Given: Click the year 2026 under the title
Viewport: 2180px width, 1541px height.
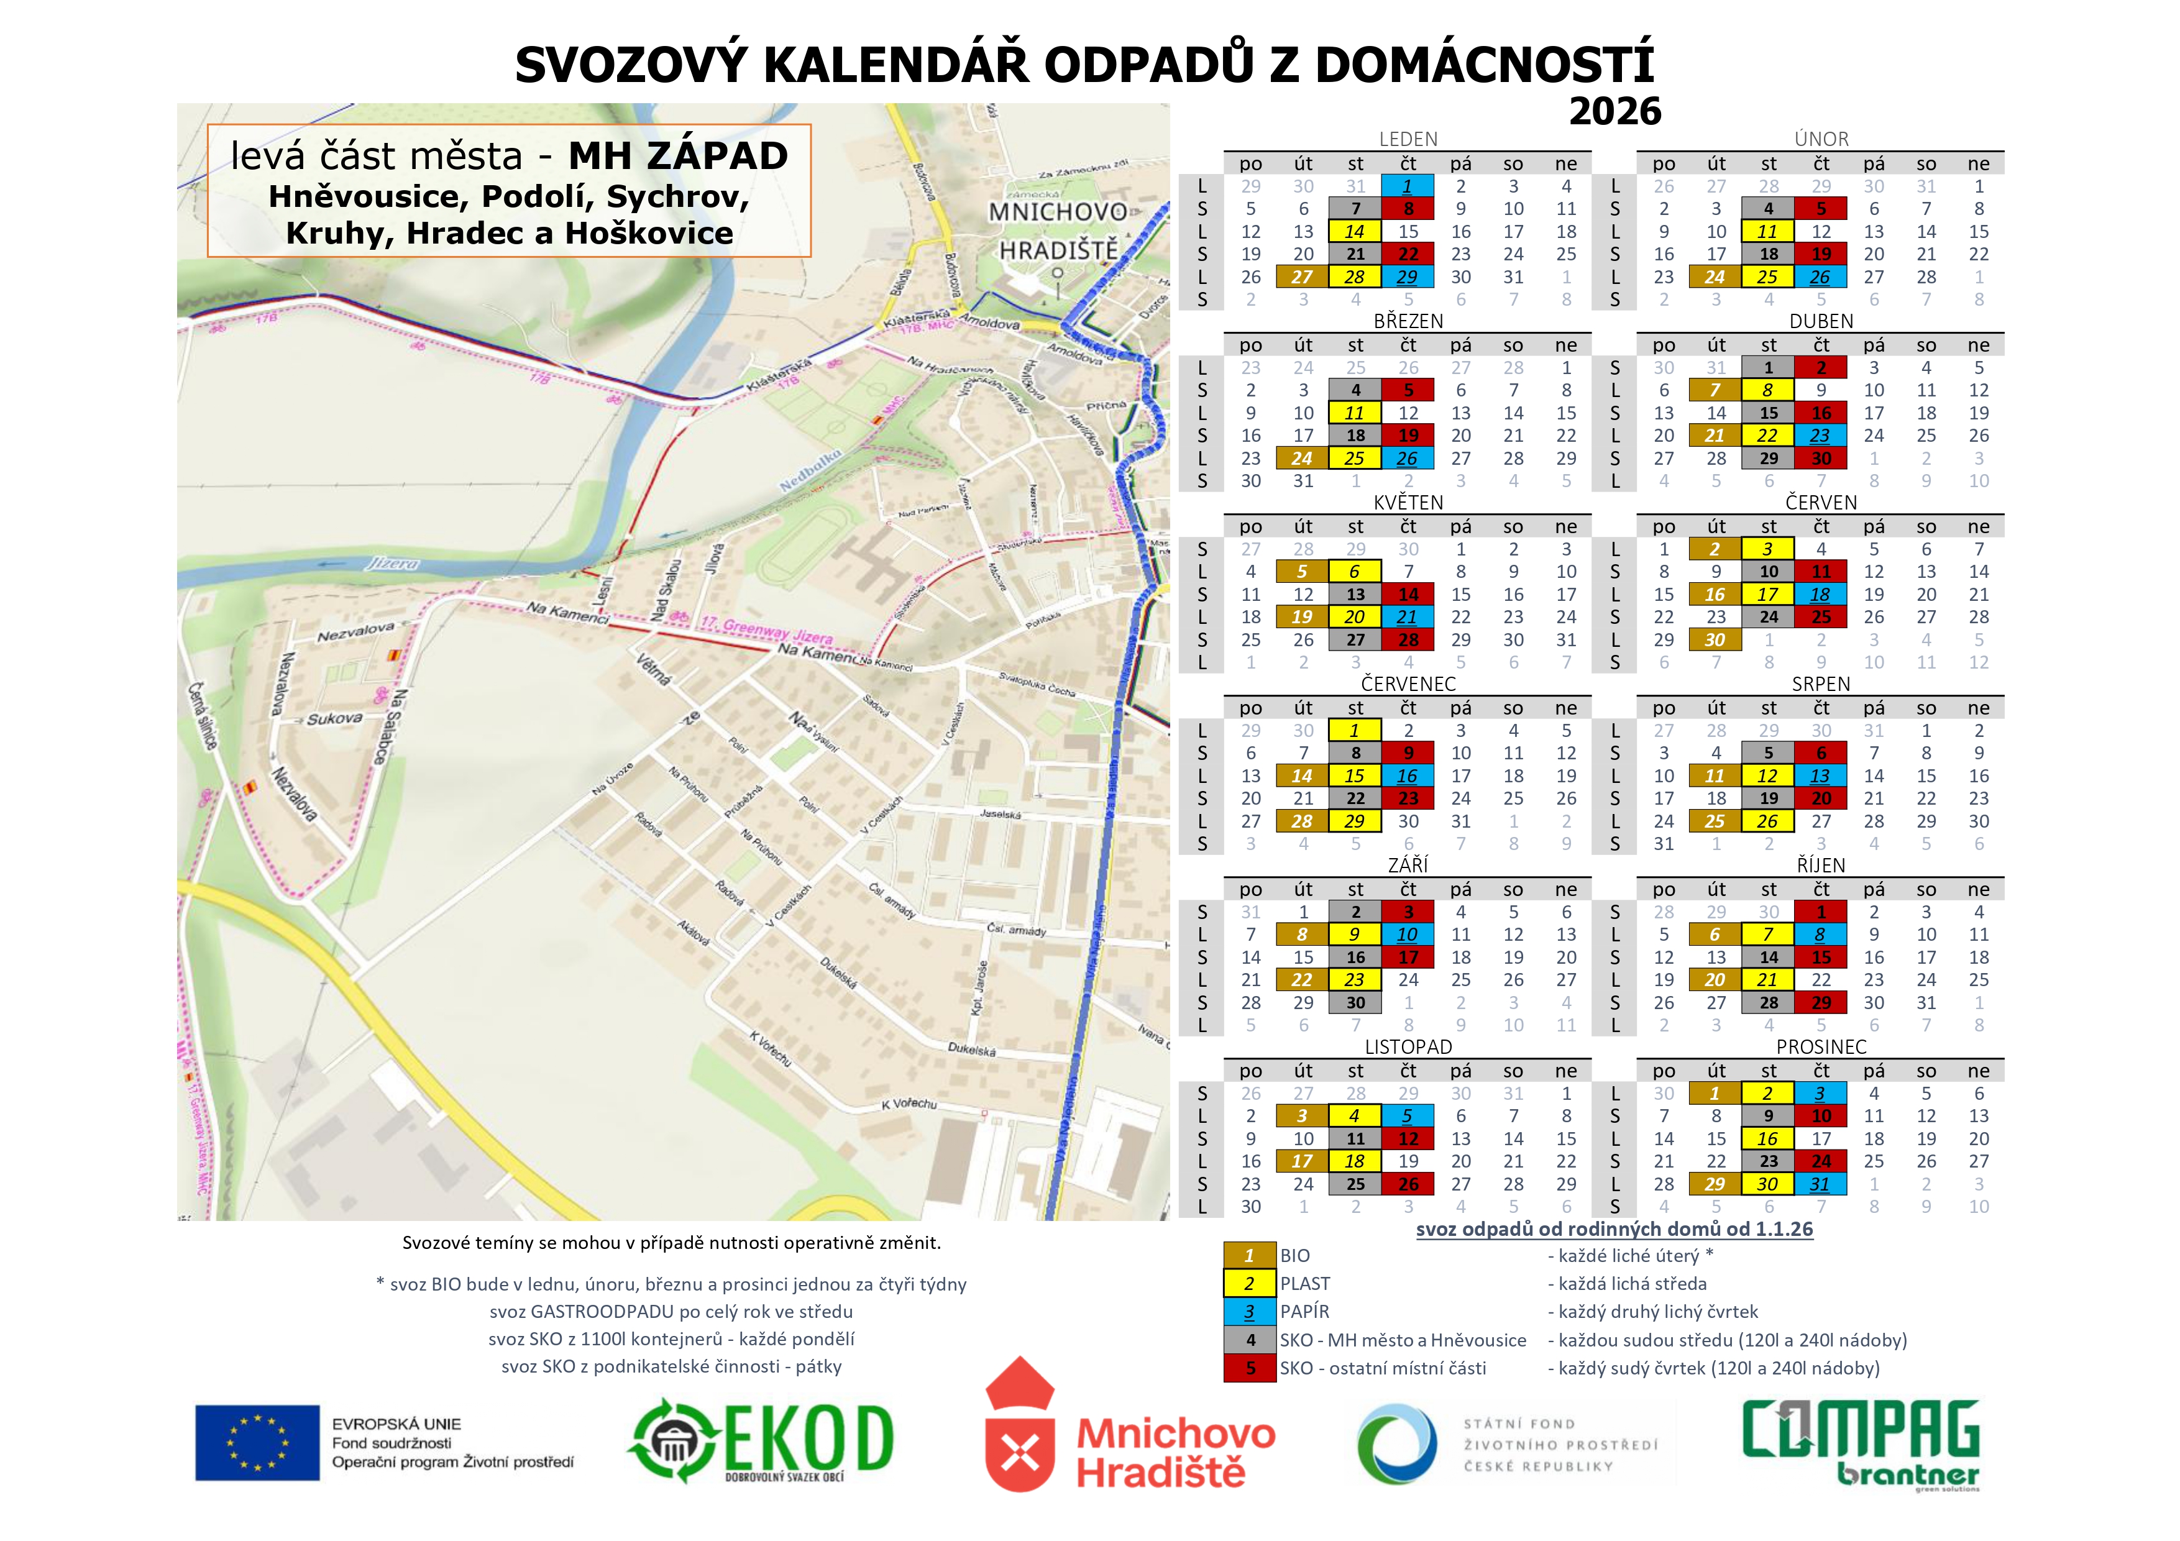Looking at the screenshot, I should pos(1614,112).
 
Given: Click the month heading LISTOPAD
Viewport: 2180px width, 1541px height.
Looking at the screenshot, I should pos(1408,1047).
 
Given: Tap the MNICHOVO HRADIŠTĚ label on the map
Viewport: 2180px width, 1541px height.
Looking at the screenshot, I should pos(1058,231).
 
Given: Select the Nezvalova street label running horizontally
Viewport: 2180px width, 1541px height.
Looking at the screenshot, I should pos(356,631).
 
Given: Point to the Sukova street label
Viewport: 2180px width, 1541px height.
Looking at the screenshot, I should pos(334,719).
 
